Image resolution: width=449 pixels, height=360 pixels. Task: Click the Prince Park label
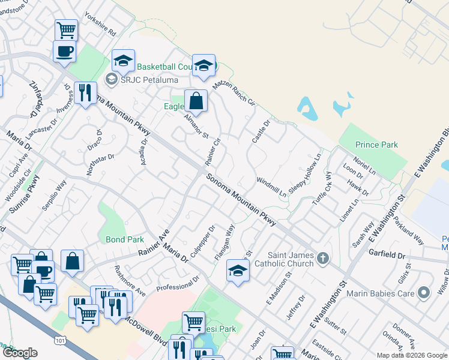376,145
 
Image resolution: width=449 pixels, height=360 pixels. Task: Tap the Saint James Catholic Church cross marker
323,259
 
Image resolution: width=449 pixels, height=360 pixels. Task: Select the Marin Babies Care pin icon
424,293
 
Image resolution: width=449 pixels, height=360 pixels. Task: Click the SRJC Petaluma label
142,79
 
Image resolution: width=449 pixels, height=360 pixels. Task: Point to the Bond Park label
125,239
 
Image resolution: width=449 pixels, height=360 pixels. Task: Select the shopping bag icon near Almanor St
196,101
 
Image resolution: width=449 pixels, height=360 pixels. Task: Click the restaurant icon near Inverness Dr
85,92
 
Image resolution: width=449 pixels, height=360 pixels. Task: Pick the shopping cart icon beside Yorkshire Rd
66,29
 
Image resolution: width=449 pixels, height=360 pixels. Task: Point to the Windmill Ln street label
271,187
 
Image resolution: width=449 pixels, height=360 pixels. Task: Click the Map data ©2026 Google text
412,355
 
